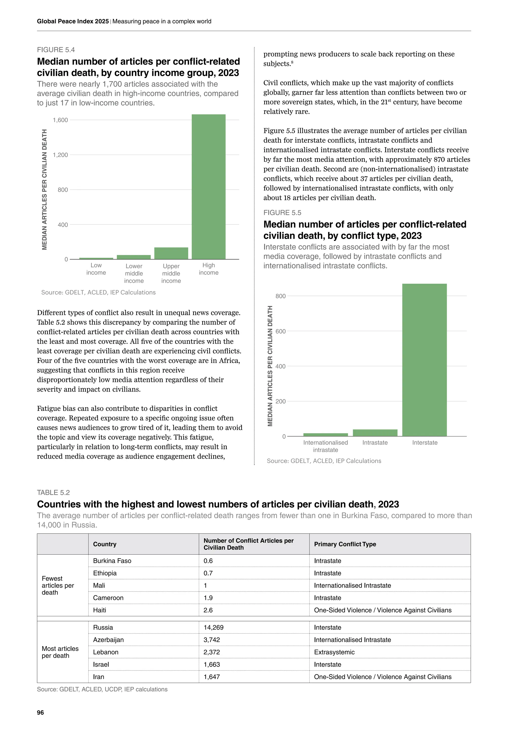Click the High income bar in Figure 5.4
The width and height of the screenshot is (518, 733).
[209, 187]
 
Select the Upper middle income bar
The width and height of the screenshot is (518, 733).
[171, 253]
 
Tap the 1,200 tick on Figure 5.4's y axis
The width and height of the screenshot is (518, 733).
[60, 155]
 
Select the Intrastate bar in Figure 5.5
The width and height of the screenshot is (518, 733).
[375, 433]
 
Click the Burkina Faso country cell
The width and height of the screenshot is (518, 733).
[112, 561]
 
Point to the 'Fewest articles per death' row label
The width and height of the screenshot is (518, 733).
[58, 585]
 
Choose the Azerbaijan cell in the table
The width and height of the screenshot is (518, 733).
[108, 640]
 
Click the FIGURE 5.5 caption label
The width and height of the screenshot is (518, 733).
[282, 213]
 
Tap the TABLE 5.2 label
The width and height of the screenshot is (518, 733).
[53, 493]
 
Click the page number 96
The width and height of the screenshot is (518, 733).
[40, 712]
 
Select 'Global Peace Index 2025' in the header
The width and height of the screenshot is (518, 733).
[73, 22]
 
